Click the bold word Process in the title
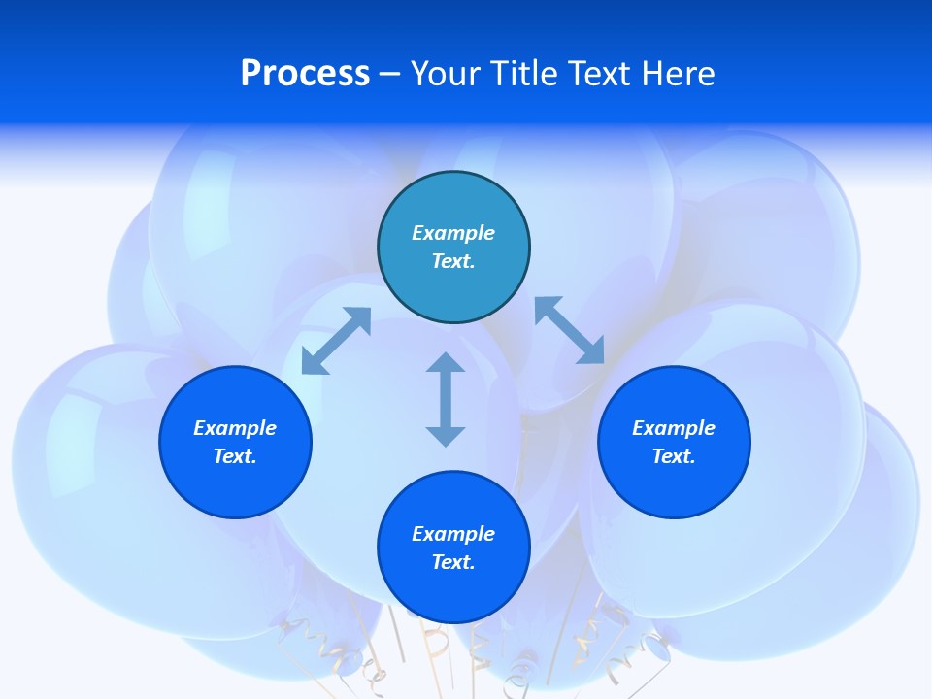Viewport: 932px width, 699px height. pyautogui.click(x=305, y=74)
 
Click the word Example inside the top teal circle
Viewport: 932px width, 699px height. pyautogui.click(x=453, y=233)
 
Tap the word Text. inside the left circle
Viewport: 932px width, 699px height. pyautogui.click(x=235, y=456)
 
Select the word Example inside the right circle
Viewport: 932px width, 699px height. pyautogui.click(x=674, y=428)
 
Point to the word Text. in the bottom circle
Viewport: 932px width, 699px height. pyautogui.click(x=453, y=562)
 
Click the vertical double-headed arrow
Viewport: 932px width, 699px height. pyautogui.click(x=446, y=400)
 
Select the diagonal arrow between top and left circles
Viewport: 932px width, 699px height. pyautogui.click(x=336, y=341)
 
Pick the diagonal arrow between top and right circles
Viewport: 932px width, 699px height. pyautogui.click(x=570, y=330)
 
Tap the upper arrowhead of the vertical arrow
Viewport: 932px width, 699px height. pyautogui.click(x=446, y=364)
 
